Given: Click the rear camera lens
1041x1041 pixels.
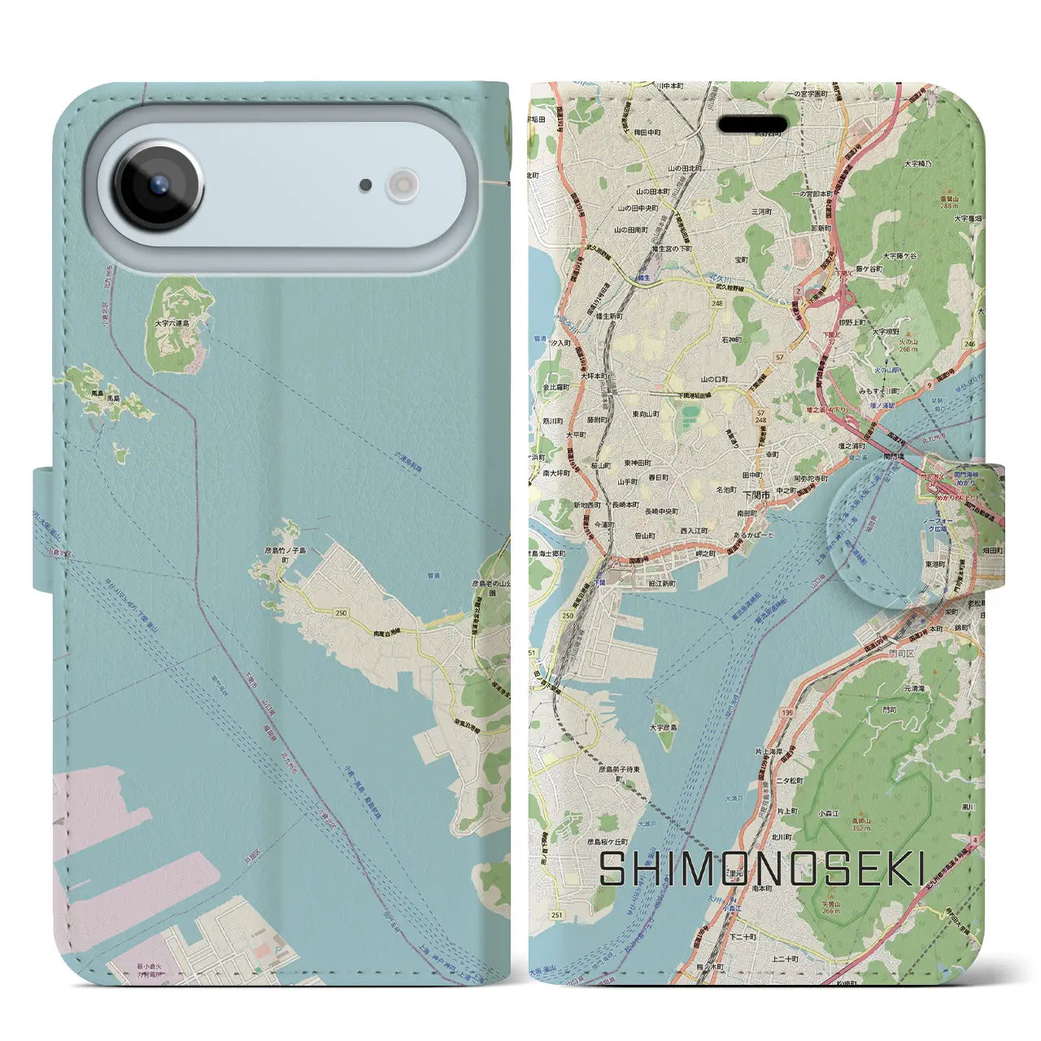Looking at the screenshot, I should coord(159,185).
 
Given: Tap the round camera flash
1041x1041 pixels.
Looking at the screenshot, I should coord(402,185).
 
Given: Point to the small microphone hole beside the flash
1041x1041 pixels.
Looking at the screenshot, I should coord(366,185).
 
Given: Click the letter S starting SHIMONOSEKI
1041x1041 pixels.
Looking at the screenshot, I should coord(613,869).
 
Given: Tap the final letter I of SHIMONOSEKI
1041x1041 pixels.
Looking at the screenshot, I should coord(918,869).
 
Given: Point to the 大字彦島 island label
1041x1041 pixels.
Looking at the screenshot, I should coord(664,727).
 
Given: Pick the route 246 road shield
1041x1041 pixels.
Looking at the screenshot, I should coord(969,344).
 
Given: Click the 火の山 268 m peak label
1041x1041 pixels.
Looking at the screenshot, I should coord(908,346).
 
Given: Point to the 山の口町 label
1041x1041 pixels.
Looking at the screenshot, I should coord(715,379).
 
